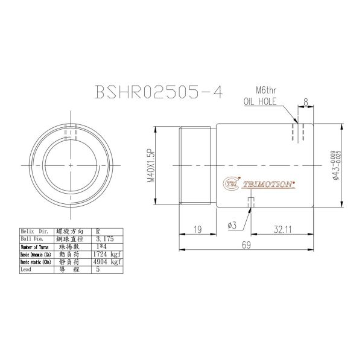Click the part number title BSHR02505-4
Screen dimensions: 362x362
click(159, 91)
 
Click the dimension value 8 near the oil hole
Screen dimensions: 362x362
click(306, 103)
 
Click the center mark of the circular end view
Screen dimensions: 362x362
click(71, 165)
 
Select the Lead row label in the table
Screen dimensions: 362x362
click(27, 270)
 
